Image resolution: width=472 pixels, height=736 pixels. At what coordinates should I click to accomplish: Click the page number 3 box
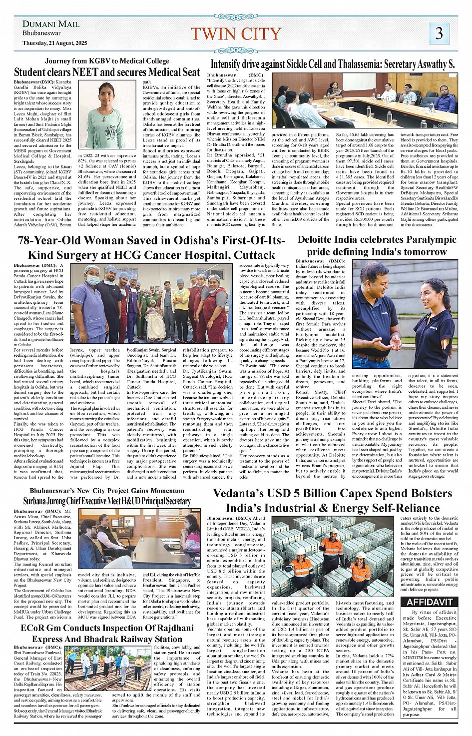tap(439, 33)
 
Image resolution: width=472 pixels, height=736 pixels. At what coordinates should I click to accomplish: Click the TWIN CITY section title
tap(236, 33)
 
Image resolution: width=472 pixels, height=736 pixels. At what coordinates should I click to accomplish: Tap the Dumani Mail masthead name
tap(51, 24)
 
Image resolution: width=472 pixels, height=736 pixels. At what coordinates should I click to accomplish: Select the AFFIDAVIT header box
tap(429, 602)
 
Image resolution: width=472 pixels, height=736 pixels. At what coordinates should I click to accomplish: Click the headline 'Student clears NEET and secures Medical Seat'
tap(107, 72)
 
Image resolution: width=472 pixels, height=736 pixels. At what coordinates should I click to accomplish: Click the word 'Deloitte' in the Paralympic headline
tap(319, 240)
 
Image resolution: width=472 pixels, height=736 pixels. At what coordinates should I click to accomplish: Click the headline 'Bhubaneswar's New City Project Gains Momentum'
tap(107, 491)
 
